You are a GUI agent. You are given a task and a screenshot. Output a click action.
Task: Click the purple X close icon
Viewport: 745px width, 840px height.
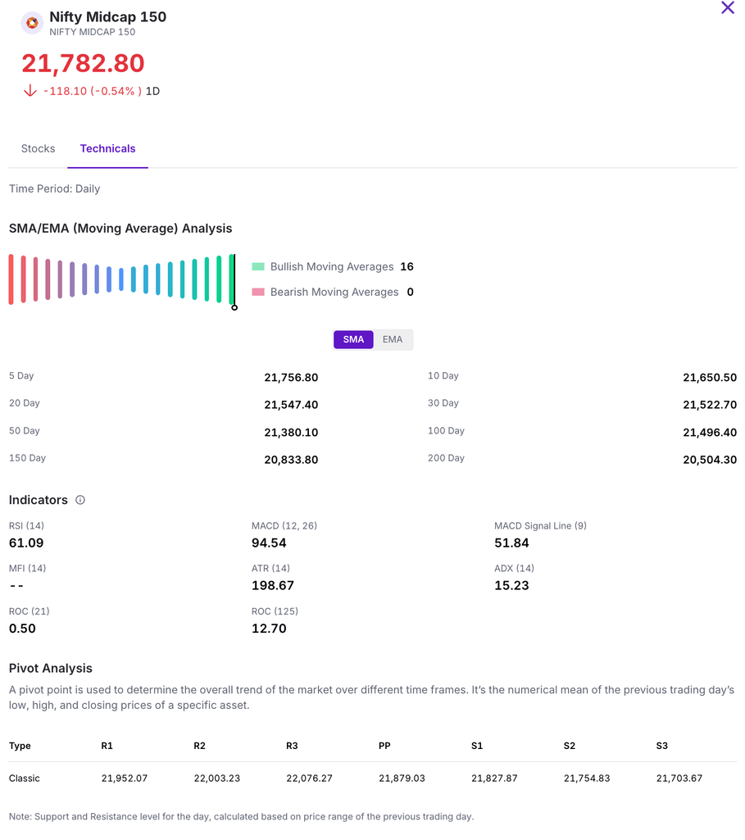pyautogui.click(x=727, y=8)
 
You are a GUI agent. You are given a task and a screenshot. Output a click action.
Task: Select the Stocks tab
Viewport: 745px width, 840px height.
pyautogui.click(x=39, y=148)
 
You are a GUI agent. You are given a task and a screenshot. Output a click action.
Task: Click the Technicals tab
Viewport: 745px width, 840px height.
pyautogui.click(x=107, y=148)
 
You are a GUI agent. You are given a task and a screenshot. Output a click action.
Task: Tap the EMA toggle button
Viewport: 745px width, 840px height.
pyautogui.click(x=393, y=339)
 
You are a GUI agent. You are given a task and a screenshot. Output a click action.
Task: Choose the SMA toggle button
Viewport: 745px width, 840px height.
pyautogui.click(x=353, y=339)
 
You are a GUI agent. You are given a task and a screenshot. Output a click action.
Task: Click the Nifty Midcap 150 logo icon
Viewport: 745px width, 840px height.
pyautogui.click(x=32, y=23)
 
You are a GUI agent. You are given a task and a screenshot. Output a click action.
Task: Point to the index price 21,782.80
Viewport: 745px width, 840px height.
pyautogui.click(x=83, y=63)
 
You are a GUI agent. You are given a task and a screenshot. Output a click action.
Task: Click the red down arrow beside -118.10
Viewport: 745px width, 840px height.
pyautogui.click(x=30, y=91)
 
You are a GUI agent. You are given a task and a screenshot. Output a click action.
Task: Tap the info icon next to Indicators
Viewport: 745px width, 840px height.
pyautogui.click(x=80, y=500)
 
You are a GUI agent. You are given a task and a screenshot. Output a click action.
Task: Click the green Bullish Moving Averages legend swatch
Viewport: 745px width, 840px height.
pyautogui.click(x=258, y=266)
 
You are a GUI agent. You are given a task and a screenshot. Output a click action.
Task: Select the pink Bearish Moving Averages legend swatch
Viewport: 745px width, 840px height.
pyautogui.click(x=258, y=292)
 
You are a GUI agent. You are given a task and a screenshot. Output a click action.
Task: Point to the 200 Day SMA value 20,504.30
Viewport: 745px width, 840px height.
pyautogui.click(x=710, y=460)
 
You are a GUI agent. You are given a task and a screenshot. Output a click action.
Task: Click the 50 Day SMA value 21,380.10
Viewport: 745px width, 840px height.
pyautogui.click(x=291, y=432)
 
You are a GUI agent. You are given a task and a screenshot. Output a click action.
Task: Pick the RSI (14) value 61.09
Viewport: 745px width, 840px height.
pyautogui.click(x=26, y=543)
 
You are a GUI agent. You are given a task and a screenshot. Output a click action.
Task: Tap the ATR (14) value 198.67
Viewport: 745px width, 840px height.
pyautogui.click(x=273, y=585)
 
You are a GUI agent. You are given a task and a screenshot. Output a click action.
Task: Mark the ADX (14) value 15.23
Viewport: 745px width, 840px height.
pyautogui.click(x=511, y=585)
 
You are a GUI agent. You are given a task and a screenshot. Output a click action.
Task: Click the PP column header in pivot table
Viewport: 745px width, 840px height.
pyautogui.click(x=384, y=746)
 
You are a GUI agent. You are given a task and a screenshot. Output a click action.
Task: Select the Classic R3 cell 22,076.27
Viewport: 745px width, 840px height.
pyautogui.click(x=309, y=778)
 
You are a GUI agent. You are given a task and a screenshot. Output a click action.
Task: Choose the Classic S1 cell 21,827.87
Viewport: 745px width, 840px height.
pyautogui.click(x=494, y=778)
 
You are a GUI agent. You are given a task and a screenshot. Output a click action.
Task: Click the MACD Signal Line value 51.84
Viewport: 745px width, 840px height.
pyautogui.click(x=511, y=543)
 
